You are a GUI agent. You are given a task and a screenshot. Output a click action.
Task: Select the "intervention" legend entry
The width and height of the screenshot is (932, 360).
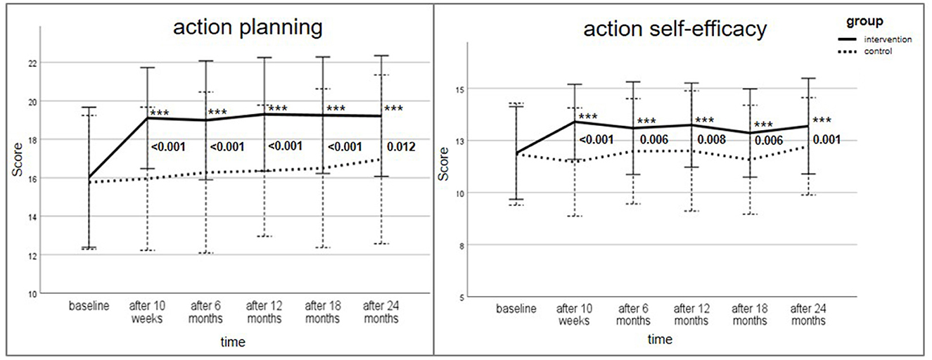tap(888, 39)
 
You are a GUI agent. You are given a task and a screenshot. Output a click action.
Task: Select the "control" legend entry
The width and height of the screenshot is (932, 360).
tap(881, 51)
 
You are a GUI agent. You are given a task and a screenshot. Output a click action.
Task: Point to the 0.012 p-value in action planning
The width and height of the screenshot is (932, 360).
tap(401, 147)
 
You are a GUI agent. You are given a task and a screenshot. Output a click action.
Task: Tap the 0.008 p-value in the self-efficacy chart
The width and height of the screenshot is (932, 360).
tap(712, 139)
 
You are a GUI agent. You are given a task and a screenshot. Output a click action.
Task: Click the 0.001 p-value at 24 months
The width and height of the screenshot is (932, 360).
tap(827, 139)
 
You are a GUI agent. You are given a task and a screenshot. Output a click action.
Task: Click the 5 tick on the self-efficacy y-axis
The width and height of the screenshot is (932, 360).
tap(461, 297)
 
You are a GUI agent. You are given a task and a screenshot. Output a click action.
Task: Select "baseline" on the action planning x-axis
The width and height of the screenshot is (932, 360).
tap(89, 307)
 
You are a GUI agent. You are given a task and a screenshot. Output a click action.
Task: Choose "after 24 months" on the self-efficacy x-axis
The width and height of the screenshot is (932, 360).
tap(808, 314)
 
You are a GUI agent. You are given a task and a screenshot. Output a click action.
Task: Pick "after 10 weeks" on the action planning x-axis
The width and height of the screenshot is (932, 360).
tap(147, 313)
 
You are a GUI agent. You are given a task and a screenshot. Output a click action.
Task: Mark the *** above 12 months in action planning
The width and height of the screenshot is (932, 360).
tap(277, 109)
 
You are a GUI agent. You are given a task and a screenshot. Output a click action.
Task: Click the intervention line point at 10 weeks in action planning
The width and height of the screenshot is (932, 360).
tap(147, 118)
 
